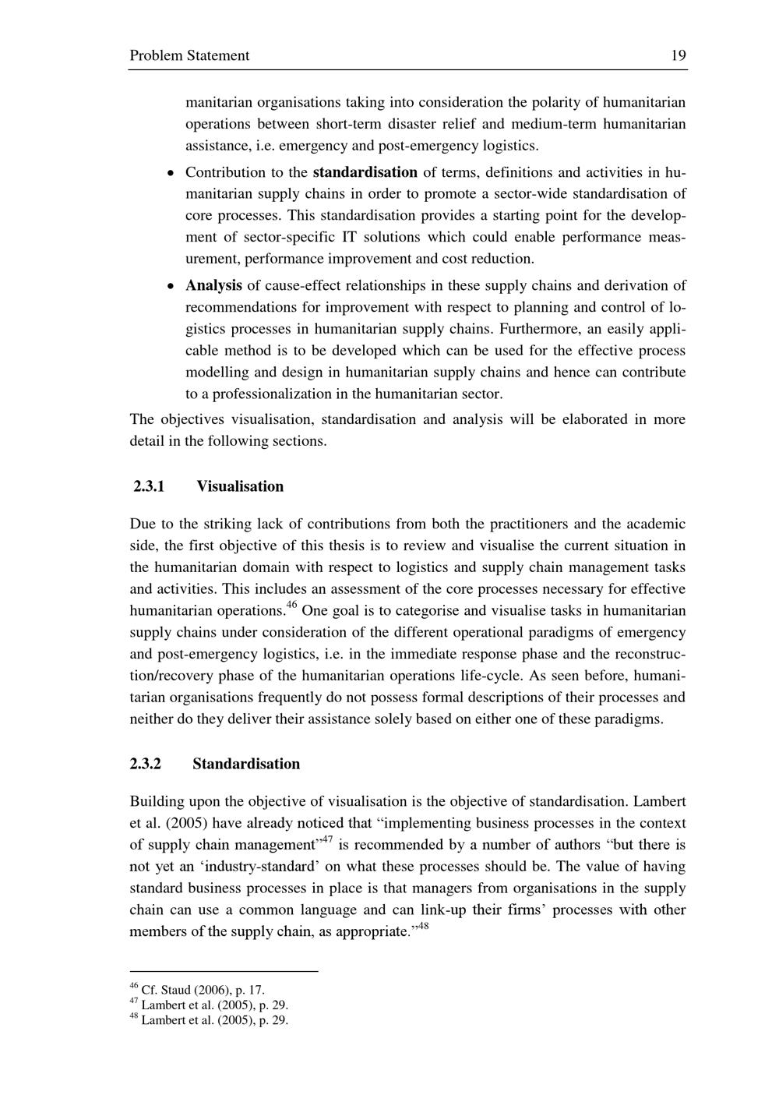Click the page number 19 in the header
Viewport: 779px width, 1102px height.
click(x=678, y=55)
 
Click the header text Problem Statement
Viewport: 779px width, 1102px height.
click(x=189, y=55)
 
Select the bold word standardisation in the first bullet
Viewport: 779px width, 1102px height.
click(x=365, y=172)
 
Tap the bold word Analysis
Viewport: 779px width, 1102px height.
click(x=213, y=285)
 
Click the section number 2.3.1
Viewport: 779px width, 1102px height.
click(x=149, y=486)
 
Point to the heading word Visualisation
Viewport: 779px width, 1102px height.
click(x=240, y=486)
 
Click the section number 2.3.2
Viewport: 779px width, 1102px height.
click(x=146, y=764)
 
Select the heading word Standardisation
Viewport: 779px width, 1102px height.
click(x=246, y=764)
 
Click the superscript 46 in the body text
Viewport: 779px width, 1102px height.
click(x=292, y=606)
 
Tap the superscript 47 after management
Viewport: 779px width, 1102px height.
click(x=327, y=839)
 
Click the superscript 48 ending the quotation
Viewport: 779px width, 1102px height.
click(x=423, y=926)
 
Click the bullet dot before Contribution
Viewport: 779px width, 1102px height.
click(x=170, y=173)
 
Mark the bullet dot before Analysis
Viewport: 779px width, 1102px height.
click(x=170, y=286)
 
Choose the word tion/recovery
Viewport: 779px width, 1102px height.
click(x=174, y=676)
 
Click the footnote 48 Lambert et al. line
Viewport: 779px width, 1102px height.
click(x=209, y=1020)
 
